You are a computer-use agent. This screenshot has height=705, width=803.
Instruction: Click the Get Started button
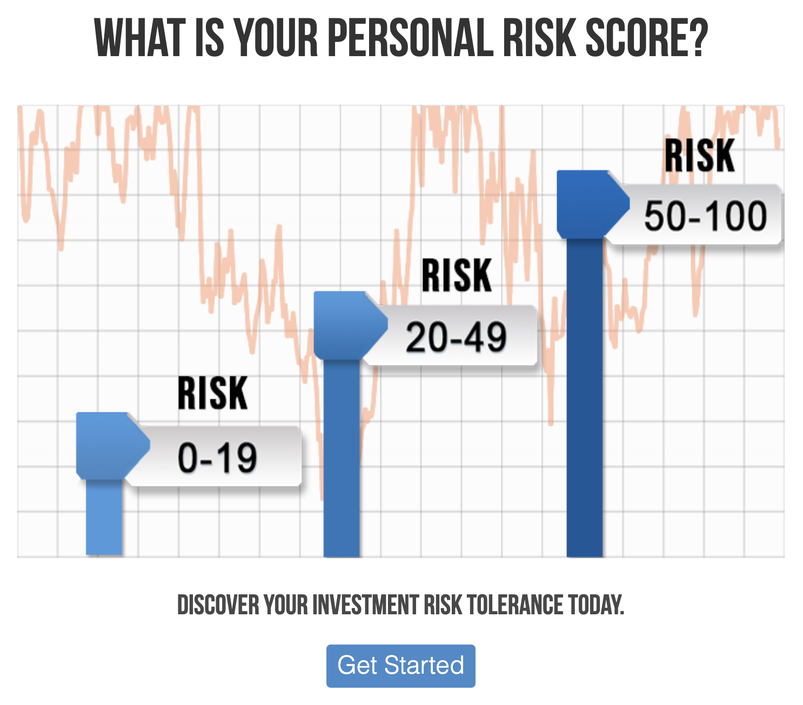point(400,666)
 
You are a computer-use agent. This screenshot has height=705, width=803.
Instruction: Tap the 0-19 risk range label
point(217,458)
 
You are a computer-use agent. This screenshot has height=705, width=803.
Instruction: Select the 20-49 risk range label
point(456,337)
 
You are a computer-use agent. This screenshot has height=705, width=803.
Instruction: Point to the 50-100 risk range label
point(705,216)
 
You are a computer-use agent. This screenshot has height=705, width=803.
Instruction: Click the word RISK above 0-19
point(212,394)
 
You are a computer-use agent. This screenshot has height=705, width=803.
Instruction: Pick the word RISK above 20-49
point(457,275)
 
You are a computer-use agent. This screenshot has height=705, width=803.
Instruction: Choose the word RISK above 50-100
point(700,155)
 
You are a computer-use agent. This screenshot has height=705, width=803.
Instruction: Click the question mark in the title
point(695,38)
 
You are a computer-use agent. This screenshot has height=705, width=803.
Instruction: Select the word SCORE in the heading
point(632,38)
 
